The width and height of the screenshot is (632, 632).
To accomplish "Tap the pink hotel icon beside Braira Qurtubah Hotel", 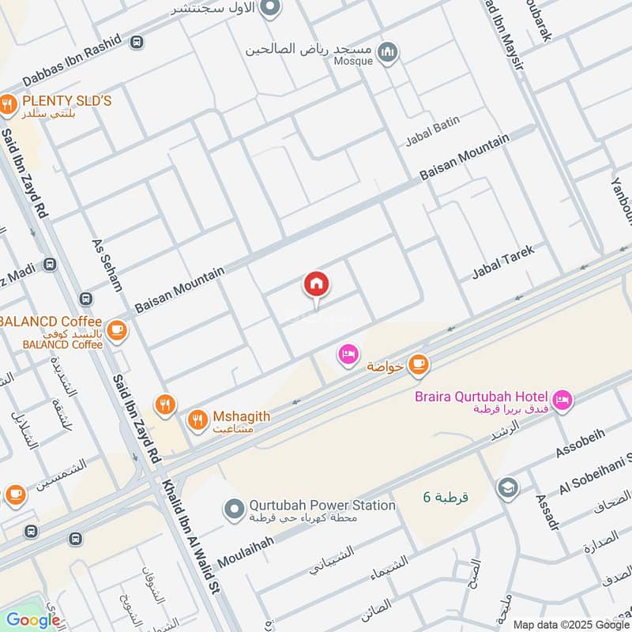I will (562, 401).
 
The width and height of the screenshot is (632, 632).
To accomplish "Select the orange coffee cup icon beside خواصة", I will (418, 364).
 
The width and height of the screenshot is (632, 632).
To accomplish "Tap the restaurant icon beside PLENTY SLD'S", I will (8, 103).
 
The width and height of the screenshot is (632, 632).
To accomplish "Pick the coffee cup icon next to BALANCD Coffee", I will (117, 330).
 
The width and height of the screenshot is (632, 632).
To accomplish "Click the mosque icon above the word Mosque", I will (387, 53).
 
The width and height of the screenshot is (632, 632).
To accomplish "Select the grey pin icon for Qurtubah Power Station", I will (232, 510).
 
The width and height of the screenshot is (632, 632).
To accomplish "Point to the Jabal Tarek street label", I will (503, 261).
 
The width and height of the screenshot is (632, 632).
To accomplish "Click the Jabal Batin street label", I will (432, 132).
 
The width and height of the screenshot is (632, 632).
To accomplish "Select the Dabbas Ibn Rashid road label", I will (71, 61).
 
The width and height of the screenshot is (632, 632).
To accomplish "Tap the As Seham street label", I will (107, 266).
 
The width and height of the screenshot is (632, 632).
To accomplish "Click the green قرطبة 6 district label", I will (446, 497).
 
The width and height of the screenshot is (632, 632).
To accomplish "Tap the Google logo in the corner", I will (33, 619).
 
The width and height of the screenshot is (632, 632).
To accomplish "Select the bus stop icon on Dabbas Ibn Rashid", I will (137, 41).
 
